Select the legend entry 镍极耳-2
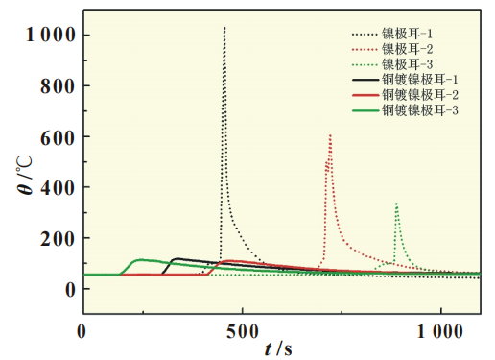tap(403, 50)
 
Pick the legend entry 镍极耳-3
tap(403, 65)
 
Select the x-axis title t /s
tap(280, 348)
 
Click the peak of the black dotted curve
tap(224, 28)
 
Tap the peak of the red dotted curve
tap(330, 135)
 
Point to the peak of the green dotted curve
tap(396, 203)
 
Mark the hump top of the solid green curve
tap(141, 259)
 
